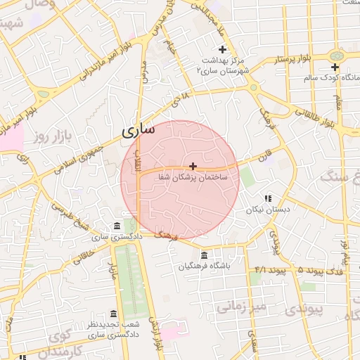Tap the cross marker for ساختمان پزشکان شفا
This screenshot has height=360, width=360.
coord(193,166)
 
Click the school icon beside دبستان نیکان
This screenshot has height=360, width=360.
coord(268,198)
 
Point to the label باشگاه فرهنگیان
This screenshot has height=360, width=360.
coord(204,266)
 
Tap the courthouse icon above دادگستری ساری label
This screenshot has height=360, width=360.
coord(117,226)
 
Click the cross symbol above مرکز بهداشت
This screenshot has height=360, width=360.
coord(223,49)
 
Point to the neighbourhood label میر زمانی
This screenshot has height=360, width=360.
coord(239,307)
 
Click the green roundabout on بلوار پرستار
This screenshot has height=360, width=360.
coord(337,55)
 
